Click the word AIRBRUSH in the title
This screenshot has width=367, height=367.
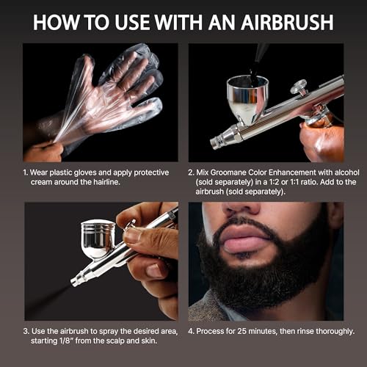click(x=287, y=22)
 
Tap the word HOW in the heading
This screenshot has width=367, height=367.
click(x=56, y=22)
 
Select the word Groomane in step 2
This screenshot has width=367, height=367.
click(x=228, y=172)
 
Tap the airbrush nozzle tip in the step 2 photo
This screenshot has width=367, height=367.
click(x=215, y=144)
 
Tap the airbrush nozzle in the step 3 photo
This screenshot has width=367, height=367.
click(x=76, y=282)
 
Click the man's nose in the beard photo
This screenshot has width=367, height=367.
click(x=241, y=208)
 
